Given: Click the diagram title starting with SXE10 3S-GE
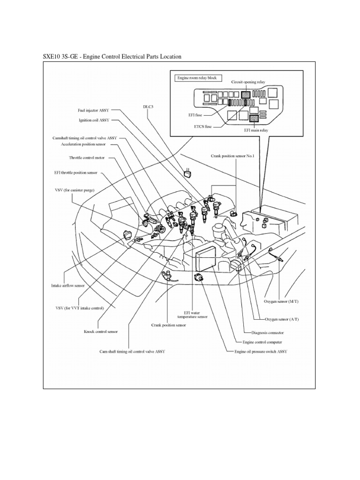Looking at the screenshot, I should pyautogui.click(x=112, y=57).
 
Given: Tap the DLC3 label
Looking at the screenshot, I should pyautogui.click(x=148, y=106).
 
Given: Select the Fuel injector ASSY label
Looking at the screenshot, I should pyautogui.click(x=93, y=112).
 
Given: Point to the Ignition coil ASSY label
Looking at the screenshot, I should pyautogui.click(x=94, y=120).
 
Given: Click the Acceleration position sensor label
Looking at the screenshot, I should pyautogui.click(x=88, y=145).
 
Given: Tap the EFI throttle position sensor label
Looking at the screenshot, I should pyautogui.click(x=76, y=172).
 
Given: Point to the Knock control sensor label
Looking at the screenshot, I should pyautogui.click(x=101, y=331).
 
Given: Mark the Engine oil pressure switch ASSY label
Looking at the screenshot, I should pyautogui.click(x=261, y=351).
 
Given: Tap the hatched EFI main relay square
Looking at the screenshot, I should pyautogui.click(x=254, y=119).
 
